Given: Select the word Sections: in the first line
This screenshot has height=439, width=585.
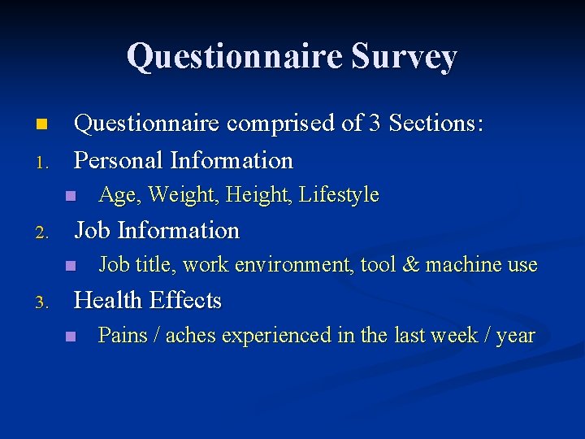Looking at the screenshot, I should [x=436, y=124].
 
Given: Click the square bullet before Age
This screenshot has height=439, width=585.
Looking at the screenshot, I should [x=71, y=195].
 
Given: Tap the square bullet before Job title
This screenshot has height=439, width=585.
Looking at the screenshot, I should [x=71, y=265].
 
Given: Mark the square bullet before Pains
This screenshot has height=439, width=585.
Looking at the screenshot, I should [x=71, y=336].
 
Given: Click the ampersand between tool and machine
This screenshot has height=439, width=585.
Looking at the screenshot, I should [x=410, y=265].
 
